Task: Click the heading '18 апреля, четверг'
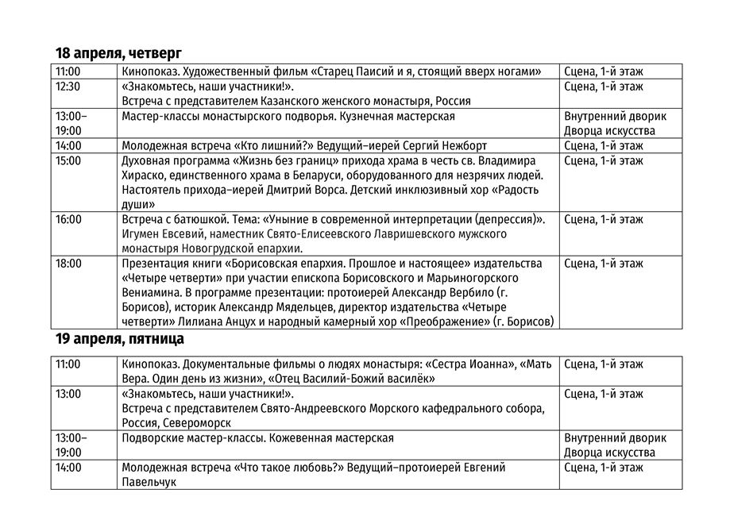pyautogui.click(x=118, y=53)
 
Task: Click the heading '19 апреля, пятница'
pyautogui.click(x=119, y=339)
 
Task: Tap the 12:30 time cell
pyautogui.click(x=68, y=87)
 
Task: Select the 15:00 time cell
pyautogui.click(x=68, y=160)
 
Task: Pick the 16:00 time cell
pyautogui.click(x=68, y=219)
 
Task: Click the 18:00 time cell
pyautogui.click(x=68, y=264)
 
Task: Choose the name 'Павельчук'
pyautogui.click(x=149, y=482)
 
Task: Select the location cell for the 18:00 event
pyautogui.click(x=603, y=264)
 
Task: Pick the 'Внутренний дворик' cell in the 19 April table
pyautogui.click(x=615, y=437)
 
